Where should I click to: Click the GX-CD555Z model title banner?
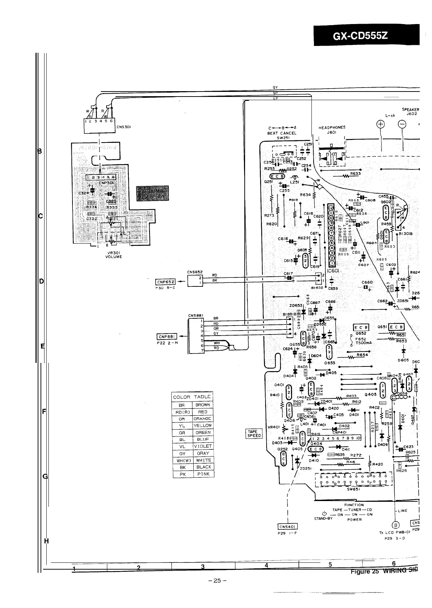pos(366,36)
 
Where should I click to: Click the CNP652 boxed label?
pos(165,281)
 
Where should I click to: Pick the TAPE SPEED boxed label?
pos(253,434)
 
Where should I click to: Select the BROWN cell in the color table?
pos(203,405)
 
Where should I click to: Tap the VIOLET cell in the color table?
pos(203,446)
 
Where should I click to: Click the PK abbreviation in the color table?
pos(182,474)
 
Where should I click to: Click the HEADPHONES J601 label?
pos(332,130)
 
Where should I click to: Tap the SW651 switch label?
pos(353,489)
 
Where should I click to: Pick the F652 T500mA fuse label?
pos(361,341)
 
